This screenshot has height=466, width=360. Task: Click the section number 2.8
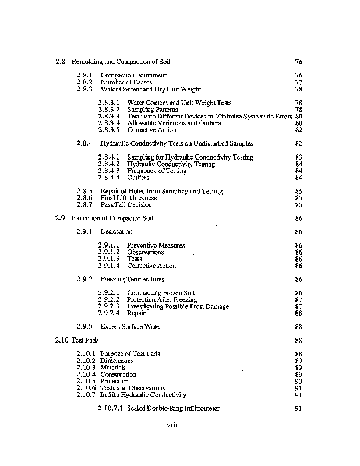[x=60, y=61]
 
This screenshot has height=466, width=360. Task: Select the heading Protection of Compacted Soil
[x=108, y=218]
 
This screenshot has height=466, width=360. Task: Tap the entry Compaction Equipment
[x=133, y=75]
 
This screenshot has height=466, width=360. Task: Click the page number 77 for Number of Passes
[x=298, y=82]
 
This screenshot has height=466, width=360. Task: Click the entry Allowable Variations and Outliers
[x=174, y=123]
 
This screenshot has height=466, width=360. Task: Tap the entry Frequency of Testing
[x=157, y=171]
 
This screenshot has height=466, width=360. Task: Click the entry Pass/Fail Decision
[x=126, y=204]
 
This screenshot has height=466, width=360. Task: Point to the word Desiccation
[x=117, y=232]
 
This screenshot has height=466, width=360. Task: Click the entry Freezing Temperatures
[x=132, y=279]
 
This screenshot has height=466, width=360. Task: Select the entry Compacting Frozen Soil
[x=160, y=292]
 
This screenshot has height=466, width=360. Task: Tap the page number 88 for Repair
[x=298, y=313]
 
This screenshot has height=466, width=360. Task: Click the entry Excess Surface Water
[x=130, y=327]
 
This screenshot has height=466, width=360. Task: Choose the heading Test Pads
[x=84, y=340]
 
